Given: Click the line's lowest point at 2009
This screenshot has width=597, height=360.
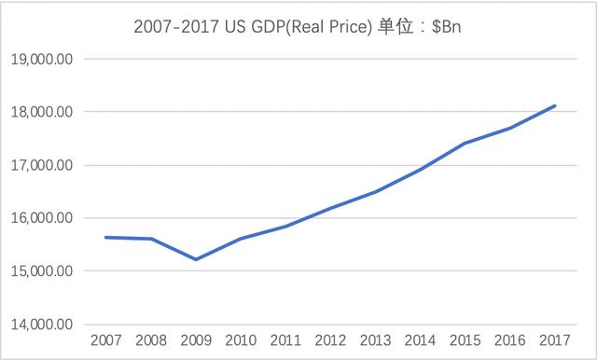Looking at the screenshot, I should click(x=195, y=259).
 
